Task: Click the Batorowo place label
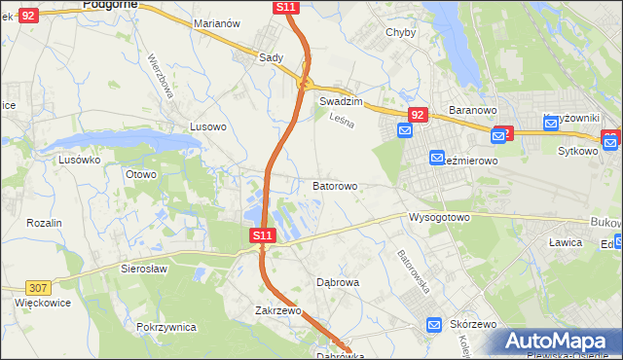coord(335,185)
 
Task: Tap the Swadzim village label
coord(341,101)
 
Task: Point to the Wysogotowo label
coord(439,217)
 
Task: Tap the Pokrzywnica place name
coord(166,327)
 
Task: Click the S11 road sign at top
coord(285,7)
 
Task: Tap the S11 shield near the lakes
coord(262,235)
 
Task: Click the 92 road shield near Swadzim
coord(418,115)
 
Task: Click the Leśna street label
coord(342,121)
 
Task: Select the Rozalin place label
coord(44,223)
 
